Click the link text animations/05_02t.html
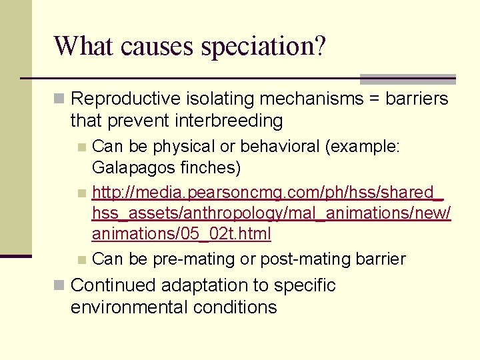tap(181, 234)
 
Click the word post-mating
tap(300, 259)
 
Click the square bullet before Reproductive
tap(59, 99)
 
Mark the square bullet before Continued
tap(59, 285)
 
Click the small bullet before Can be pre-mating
tap(81, 259)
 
